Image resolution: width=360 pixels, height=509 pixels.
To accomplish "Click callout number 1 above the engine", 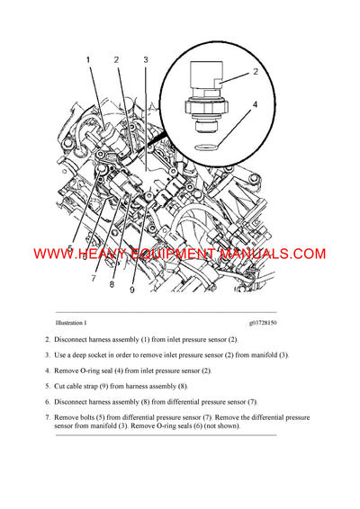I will pos(88,60).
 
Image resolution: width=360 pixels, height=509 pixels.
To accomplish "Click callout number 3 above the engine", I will pos(145,60).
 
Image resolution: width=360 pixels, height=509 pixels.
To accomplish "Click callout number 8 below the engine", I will pos(112,285).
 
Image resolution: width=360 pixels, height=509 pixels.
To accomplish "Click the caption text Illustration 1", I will pos(71,323).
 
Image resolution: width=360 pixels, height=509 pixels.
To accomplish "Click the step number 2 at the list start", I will pos(47,340).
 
